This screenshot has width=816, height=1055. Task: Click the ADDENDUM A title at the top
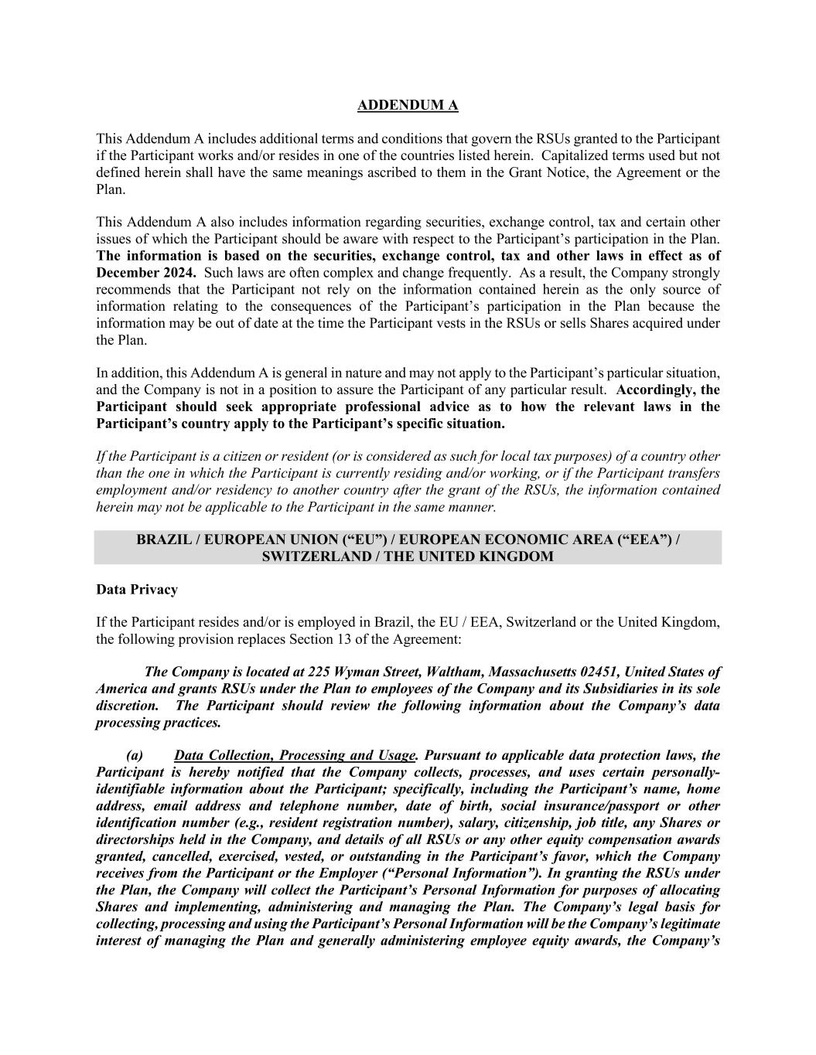408,105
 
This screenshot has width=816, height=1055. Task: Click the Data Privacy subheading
137,590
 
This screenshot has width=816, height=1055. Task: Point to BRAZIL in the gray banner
166,539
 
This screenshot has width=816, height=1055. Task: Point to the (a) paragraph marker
135,755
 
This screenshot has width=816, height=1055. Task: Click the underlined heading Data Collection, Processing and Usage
295,755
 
